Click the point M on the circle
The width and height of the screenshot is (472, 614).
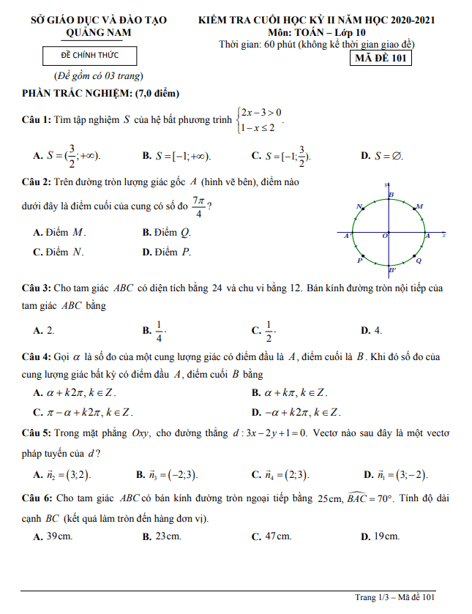(415, 210)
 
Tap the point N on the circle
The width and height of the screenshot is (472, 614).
(364, 211)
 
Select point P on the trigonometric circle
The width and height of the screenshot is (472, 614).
(364, 257)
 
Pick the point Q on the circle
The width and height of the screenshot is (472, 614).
(415, 257)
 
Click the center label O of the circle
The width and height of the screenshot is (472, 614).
(385, 237)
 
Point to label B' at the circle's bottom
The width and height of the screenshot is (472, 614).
(393, 270)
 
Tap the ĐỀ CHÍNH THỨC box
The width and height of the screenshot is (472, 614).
(89, 56)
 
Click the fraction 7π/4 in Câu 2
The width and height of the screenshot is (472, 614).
(198, 206)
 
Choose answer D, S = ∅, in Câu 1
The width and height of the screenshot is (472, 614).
(382, 156)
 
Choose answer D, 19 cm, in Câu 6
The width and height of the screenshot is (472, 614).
(381, 536)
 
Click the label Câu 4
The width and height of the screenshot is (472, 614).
(36, 356)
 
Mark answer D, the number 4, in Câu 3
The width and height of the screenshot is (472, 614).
(372, 331)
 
